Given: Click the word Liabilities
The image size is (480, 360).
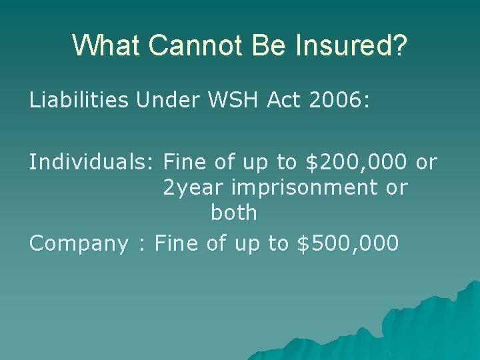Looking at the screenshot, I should point(79,100).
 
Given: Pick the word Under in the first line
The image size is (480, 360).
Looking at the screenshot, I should point(166,100).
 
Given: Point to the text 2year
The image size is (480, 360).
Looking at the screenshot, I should point(194,188).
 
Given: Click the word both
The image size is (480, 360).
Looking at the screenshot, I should point(233,213).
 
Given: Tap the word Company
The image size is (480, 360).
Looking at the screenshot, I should point(77,244).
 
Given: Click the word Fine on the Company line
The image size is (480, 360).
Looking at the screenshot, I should point(175,243).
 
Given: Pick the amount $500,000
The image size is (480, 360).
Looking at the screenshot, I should point(347,244).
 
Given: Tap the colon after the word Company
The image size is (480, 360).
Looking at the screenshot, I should point(141,245).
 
